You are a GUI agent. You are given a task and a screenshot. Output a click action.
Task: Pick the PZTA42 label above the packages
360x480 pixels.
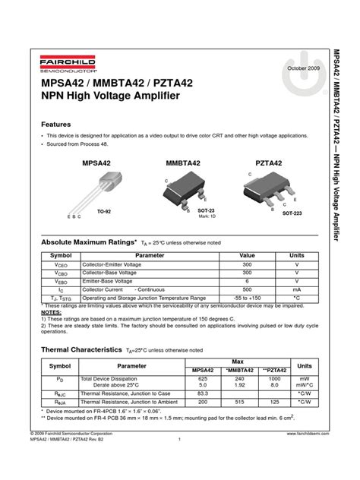(x=268, y=163)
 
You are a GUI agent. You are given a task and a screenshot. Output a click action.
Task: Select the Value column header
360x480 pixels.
(x=247, y=255)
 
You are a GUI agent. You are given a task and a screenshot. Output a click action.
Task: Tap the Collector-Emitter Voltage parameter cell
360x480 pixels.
(x=115, y=264)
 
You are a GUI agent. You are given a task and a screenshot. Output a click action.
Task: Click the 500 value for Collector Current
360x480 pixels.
(x=247, y=289)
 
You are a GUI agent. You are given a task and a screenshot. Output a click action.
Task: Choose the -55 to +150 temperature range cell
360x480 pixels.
(x=247, y=298)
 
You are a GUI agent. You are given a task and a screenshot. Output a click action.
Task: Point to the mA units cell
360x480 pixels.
(x=296, y=289)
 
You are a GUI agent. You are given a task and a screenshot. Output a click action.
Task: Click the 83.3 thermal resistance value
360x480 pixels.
(x=203, y=393)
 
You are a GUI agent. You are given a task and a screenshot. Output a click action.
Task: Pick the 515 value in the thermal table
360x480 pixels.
(x=240, y=401)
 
